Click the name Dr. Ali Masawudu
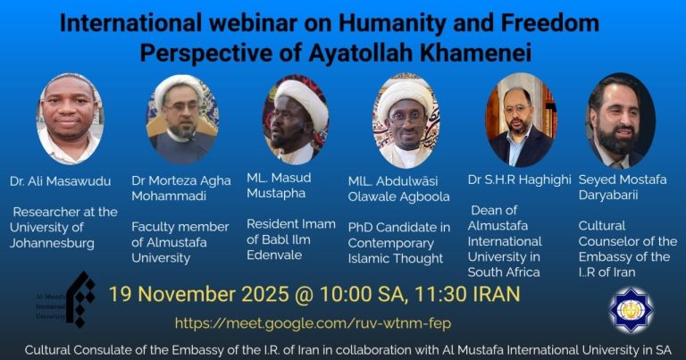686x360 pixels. pyautogui.click(x=62, y=181)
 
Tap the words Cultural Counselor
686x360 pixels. pyautogui.click(x=627, y=233)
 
